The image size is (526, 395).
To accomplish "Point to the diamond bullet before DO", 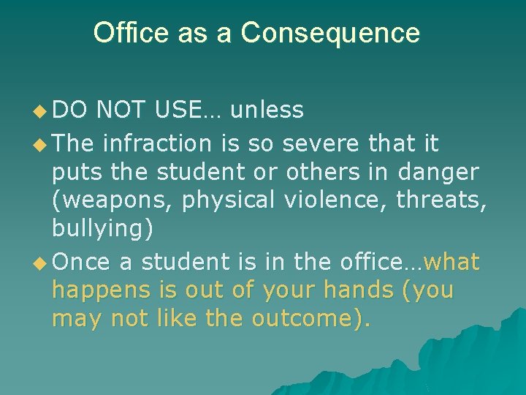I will tap(40, 111).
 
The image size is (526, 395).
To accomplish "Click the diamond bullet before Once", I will tap(40, 263).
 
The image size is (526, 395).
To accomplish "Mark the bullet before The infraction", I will tap(40, 145).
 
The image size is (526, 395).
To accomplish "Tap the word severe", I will tap(316, 144).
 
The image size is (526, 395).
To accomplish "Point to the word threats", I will tap(442, 200).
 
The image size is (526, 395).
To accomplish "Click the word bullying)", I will tap(103, 230).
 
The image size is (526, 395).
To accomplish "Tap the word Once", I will tap(82, 261).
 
